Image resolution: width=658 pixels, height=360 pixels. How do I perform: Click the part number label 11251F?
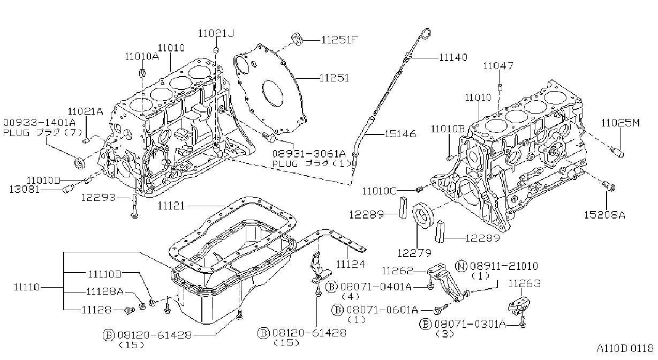coord(339,40)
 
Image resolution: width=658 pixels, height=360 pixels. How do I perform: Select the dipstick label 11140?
coord(453,57)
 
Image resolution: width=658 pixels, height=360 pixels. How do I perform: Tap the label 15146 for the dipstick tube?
coord(400,134)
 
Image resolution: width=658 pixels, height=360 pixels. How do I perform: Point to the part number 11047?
coord(498,65)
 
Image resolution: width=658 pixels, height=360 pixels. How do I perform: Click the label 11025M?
coord(621,123)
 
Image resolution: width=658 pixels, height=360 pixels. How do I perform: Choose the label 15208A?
coord(604,215)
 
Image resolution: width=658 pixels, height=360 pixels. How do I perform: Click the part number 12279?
coord(414,253)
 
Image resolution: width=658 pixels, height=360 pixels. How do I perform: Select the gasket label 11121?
coord(171,206)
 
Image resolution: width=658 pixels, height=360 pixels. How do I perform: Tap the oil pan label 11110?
coord(27,287)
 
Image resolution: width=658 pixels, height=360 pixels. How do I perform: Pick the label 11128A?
coord(105,291)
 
